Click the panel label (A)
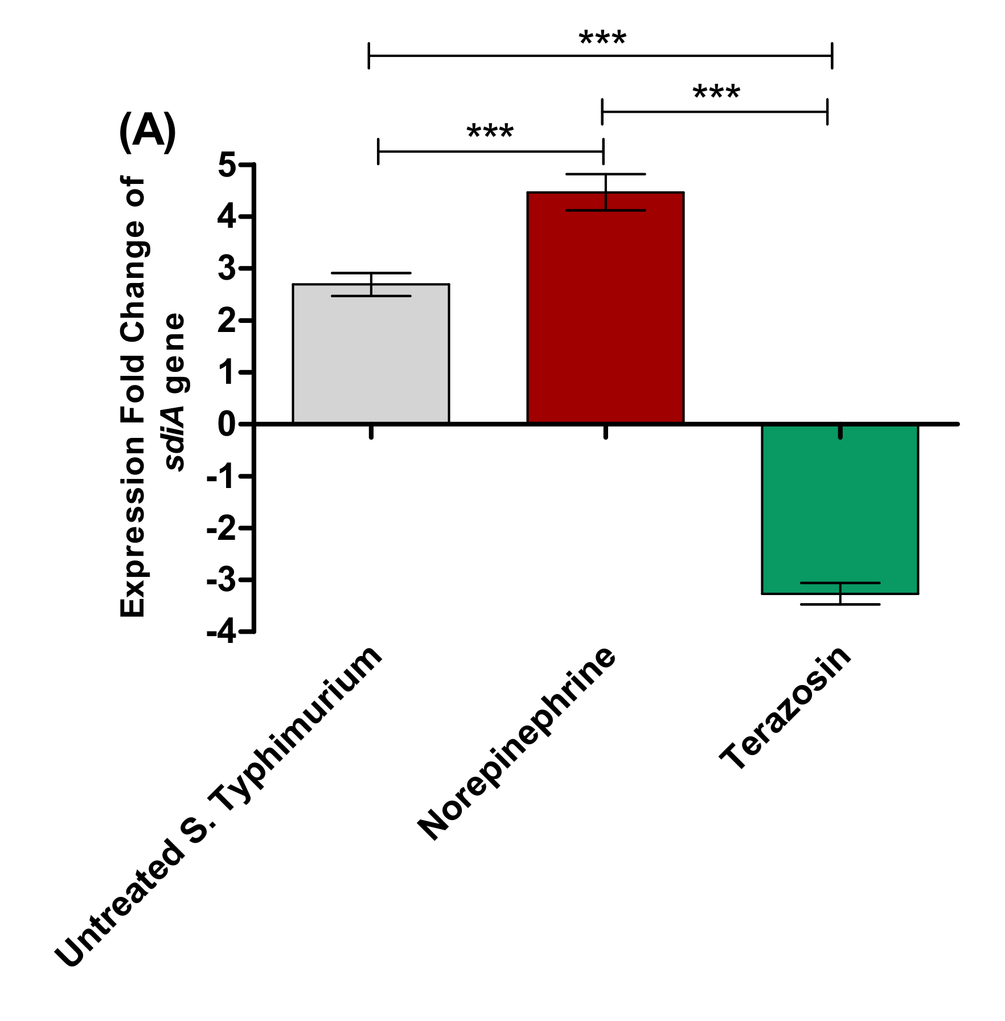pos(147,132)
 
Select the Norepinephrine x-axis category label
pos(517,743)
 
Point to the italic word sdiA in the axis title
pos(175,439)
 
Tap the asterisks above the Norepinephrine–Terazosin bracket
pos(716,93)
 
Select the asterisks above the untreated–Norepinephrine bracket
pos(490,133)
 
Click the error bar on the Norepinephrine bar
pos(606,192)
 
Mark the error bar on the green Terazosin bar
pos(840,594)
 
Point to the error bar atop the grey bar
pos(371,284)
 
